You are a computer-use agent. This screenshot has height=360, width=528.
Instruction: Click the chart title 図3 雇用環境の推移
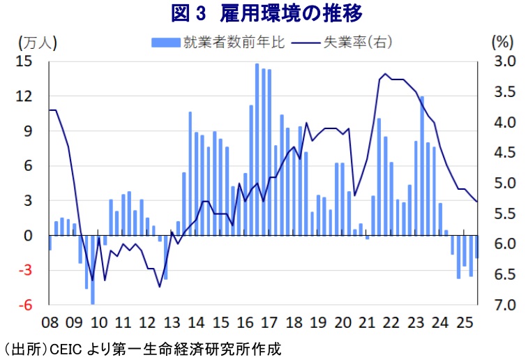click(267, 13)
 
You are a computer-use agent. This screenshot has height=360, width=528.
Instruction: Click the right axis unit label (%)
click(502, 42)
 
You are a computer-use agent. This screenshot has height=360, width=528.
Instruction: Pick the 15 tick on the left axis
click(25, 61)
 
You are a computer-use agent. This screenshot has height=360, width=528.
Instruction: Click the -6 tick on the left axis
click(26, 305)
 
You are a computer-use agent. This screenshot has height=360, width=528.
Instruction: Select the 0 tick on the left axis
click(30, 236)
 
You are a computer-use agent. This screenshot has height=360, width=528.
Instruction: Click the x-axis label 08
click(50, 322)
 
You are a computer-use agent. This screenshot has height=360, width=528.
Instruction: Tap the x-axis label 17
click(269, 322)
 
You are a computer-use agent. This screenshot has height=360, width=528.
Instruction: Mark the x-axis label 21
click(367, 322)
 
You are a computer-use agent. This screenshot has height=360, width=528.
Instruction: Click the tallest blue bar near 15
click(257, 150)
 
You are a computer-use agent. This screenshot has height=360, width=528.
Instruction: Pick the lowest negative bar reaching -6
click(93, 270)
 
